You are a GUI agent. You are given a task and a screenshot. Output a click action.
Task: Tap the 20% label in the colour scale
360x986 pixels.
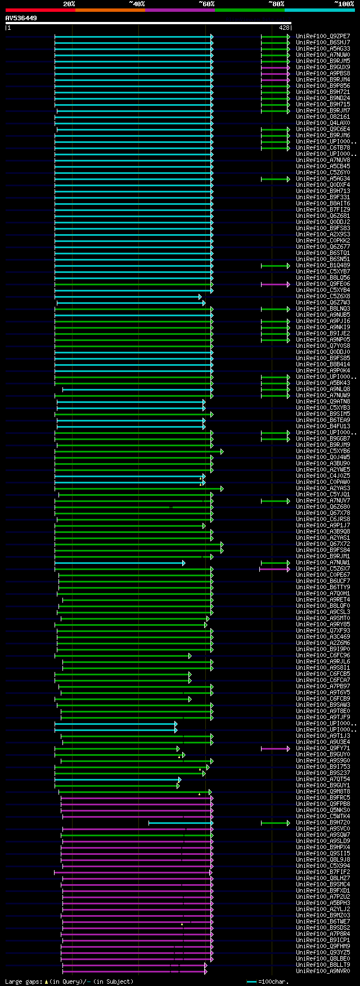[69, 4]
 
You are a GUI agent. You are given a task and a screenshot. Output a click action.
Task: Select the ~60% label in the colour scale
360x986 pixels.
[206, 4]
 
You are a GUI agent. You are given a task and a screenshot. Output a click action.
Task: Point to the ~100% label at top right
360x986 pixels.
[343, 4]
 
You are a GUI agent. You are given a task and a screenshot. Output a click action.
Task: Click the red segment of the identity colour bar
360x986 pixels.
[40, 10]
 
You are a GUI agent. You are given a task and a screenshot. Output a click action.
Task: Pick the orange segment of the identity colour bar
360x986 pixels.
[110, 10]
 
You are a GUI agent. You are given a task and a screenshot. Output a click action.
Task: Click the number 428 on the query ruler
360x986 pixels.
[283, 28]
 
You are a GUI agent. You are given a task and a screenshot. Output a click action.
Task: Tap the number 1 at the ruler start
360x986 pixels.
[8, 28]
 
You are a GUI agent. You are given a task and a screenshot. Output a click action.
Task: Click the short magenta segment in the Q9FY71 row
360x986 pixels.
[275, 749]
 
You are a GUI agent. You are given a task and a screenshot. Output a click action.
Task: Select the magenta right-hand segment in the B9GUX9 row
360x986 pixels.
[275, 68]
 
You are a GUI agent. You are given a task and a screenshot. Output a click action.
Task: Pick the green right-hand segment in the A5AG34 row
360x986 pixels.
[275, 179]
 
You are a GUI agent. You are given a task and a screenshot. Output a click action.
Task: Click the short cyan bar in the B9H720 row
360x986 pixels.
[180, 823]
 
